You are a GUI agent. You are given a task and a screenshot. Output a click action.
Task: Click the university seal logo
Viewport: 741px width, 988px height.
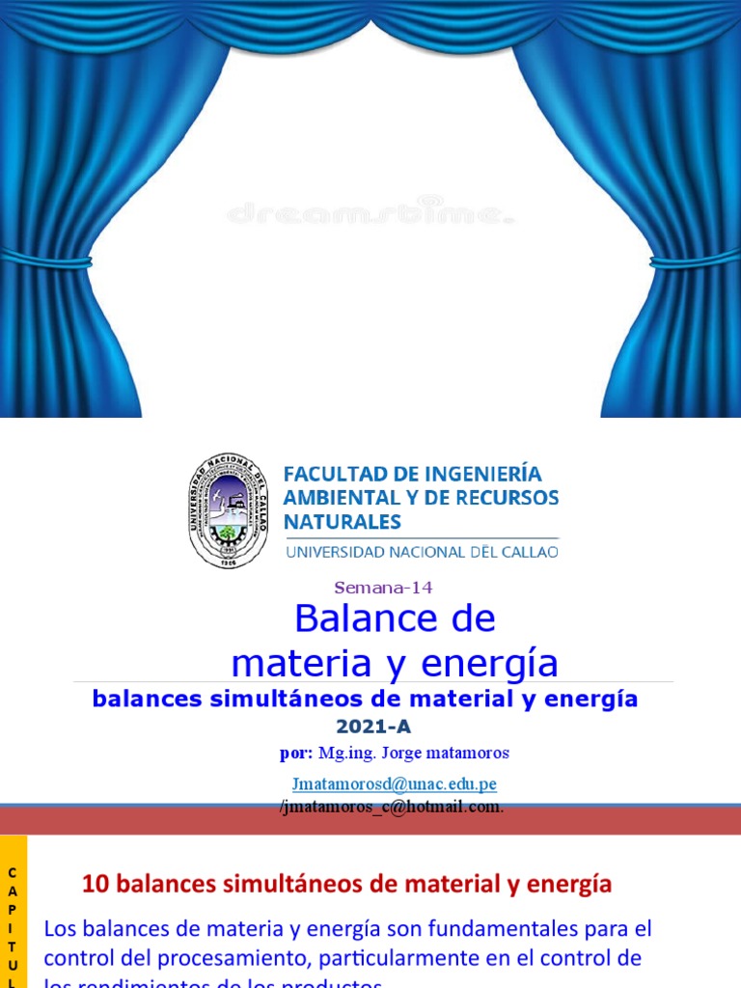[228, 509]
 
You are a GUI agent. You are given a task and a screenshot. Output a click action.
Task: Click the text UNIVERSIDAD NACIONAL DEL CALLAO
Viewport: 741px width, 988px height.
[421, 552]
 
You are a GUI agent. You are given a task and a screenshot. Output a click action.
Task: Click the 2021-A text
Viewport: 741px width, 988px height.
[366, 727]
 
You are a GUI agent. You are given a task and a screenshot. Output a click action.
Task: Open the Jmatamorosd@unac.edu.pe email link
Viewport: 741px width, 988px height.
[394, 784]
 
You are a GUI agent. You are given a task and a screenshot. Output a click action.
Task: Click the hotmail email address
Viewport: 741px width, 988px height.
[393, 807]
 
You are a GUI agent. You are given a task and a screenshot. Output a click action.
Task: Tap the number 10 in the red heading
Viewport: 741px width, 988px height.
[94, 883]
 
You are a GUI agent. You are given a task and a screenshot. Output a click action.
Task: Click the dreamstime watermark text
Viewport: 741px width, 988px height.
[370, 213]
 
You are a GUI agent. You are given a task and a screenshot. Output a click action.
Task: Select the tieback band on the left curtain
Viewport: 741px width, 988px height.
[46, 259]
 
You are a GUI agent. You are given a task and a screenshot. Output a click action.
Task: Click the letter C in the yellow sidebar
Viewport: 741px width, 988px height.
[13, 873]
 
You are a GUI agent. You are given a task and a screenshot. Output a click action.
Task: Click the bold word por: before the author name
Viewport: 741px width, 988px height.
[296, 753]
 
